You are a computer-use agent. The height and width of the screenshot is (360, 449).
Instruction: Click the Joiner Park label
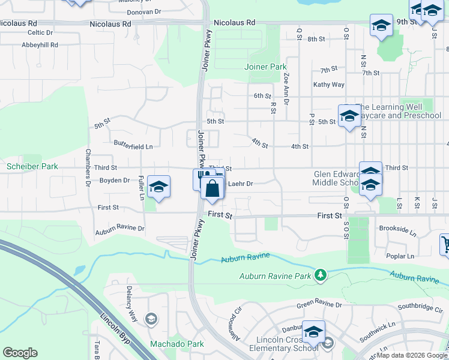coord(265,67)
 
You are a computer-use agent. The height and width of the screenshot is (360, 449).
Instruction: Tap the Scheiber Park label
coord(32,166)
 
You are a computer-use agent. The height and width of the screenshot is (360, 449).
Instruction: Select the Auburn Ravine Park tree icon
coord(321,275)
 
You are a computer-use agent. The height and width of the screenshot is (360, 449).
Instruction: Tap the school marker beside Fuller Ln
coord(158,187)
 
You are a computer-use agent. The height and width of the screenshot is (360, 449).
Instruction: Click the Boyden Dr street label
coord(115,180)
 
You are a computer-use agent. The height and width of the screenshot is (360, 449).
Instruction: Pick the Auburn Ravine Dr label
coord(120,229)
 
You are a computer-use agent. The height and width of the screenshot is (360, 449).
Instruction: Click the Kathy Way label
coord(329,85)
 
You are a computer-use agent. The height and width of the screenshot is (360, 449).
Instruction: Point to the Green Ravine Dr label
coord(320,305)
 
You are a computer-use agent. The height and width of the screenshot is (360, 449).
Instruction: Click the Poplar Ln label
coord(402,256)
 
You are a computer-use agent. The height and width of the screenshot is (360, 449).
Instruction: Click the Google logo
coord(20,353)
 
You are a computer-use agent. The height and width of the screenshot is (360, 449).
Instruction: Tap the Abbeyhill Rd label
coord(40,45)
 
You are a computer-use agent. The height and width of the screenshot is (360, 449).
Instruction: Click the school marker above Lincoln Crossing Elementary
coord(313,332)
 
